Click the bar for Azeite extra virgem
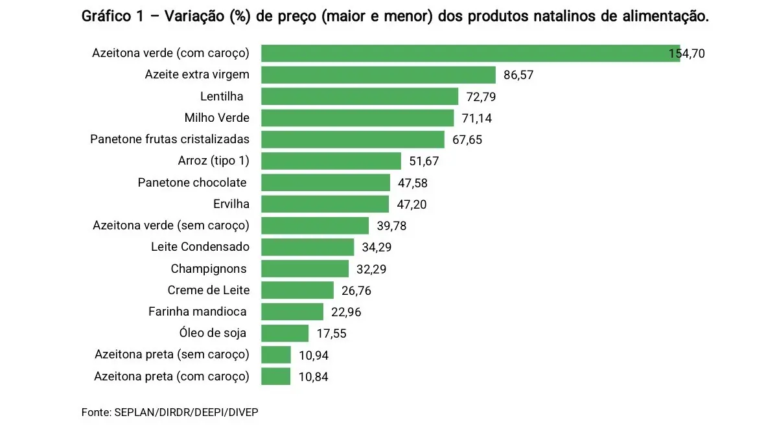(x=378, y=75)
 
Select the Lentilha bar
(x=360, y=97)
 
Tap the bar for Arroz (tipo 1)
(x=331, y=161)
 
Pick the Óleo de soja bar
(x=285, y=333)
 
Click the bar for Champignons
(x=305, y=268)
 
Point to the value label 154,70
(x=686, y=54)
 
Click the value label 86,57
(x=518, y=75)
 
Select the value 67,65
(x=467, y=140)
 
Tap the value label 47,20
(x=412, y=205)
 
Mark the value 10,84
(x=312, y=376)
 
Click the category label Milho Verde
(x=216, y=118)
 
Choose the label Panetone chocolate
(x=192, y=183)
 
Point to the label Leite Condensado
(x=200, y=247)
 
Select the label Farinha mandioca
(x=198, y=312)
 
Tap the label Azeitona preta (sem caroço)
(x=172, y=354)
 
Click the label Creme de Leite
(x=209, y=290)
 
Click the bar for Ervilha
(x=325, y=204)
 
